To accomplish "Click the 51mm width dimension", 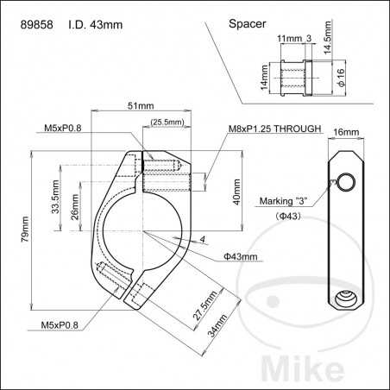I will coord(141,106).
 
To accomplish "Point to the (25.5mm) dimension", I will coord(167,123).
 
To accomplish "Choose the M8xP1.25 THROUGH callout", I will coord(274,129).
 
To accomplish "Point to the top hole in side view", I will coord(345,181).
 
